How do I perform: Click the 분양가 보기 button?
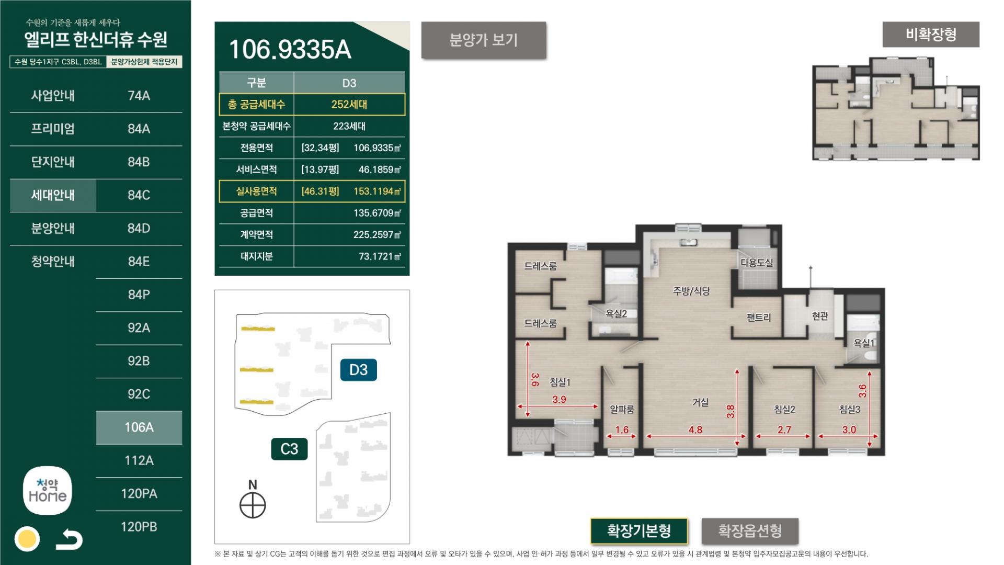tap(484, 40)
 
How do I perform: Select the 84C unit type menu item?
tap(139, 195)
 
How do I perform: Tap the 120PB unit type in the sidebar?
tap(139, 527)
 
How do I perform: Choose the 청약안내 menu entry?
tap(53, 262)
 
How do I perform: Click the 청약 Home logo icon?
tap(48, 491)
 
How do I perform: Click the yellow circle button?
tap(27, 539)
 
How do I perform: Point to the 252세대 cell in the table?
tap(349, 105)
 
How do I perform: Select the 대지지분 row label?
tap(256, 256)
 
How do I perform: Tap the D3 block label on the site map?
tap(358, 370)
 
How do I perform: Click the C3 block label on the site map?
tap(289, 449)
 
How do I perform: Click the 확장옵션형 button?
tap(750, 531)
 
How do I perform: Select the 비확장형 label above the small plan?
tap(931, 35)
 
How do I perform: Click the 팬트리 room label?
tap(759, 318)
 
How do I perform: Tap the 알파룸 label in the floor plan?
tap(622, 410)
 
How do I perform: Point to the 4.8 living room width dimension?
tap(695, 430)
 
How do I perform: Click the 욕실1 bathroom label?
tap(864, 343)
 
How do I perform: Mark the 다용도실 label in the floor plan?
tap(757, 263)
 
